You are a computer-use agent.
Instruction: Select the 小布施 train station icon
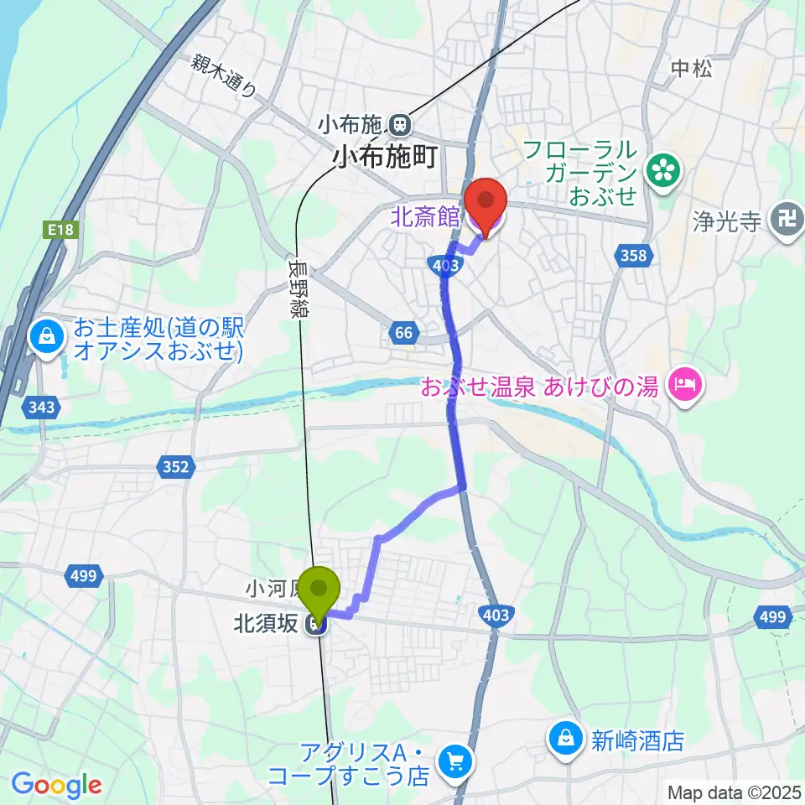400,126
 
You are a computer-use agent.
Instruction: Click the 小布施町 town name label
387,156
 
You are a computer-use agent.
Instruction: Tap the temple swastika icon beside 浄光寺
788,221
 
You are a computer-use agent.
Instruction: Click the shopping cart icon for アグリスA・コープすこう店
458,762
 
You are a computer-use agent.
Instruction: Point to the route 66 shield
403,333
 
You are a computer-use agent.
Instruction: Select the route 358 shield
634,255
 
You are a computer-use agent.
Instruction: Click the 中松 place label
692,70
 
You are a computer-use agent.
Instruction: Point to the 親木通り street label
223,75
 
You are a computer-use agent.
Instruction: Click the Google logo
57,785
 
